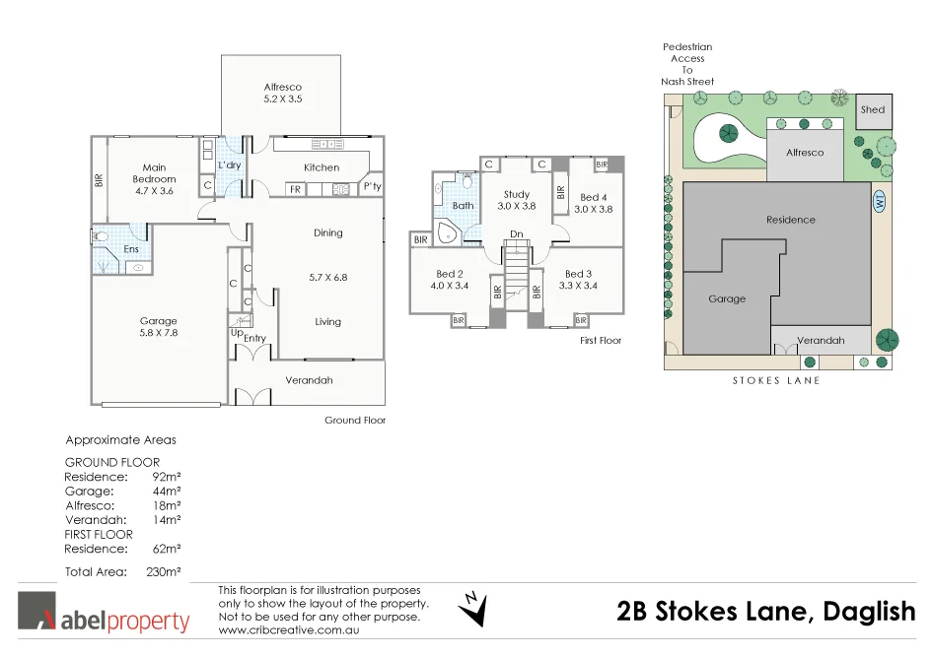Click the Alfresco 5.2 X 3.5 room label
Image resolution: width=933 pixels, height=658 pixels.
coord(282,94)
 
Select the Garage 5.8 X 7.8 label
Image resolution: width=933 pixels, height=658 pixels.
coord(158,327)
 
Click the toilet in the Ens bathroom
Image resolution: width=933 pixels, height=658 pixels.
coord(103,237)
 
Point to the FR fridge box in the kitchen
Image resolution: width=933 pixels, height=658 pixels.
coord(295,189)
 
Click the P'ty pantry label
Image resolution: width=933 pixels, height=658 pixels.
coord(372,186)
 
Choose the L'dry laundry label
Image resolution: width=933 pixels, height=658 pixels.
coord(230,165)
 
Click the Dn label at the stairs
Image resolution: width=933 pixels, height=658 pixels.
coord(516,233)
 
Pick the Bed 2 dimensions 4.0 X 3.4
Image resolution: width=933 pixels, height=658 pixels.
coord(449,286)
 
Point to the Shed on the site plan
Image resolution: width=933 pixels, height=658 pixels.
coord(873,110)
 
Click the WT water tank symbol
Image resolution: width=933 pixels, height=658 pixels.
coord(878,202)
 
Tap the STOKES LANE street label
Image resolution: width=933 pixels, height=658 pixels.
coord(776,380)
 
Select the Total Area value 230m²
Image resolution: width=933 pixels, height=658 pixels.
coord(165,571)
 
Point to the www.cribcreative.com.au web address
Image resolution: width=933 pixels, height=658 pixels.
coord(288,629)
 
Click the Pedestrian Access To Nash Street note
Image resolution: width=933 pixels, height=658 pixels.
coord(687,64)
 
